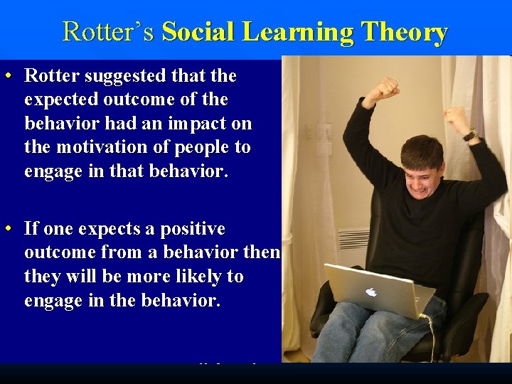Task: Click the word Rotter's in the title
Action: pos(109,32)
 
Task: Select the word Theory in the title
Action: pos(404,32)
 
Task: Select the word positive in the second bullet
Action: pos(191,229)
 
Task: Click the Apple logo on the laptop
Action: pos(371,292)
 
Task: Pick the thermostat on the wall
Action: pos(324,132)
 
